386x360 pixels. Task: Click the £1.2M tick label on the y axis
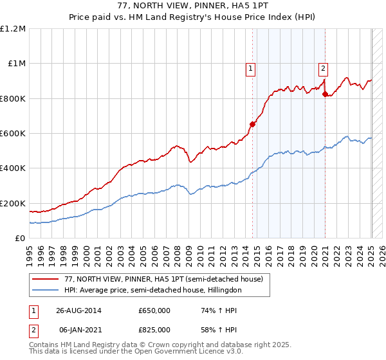click(x=13, y=29)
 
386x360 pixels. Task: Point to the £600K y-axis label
click(x=13, y=134)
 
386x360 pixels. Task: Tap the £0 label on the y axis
click(x=19, y=239)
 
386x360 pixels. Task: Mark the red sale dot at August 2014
click(x=253, y=125)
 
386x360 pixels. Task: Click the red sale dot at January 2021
click(x=325, y=94)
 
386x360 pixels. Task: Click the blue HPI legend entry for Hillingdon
click(x=152, y=291)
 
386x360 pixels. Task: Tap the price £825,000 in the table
click(x=154, y=329)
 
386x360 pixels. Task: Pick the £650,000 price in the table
click(x=154, y=310)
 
